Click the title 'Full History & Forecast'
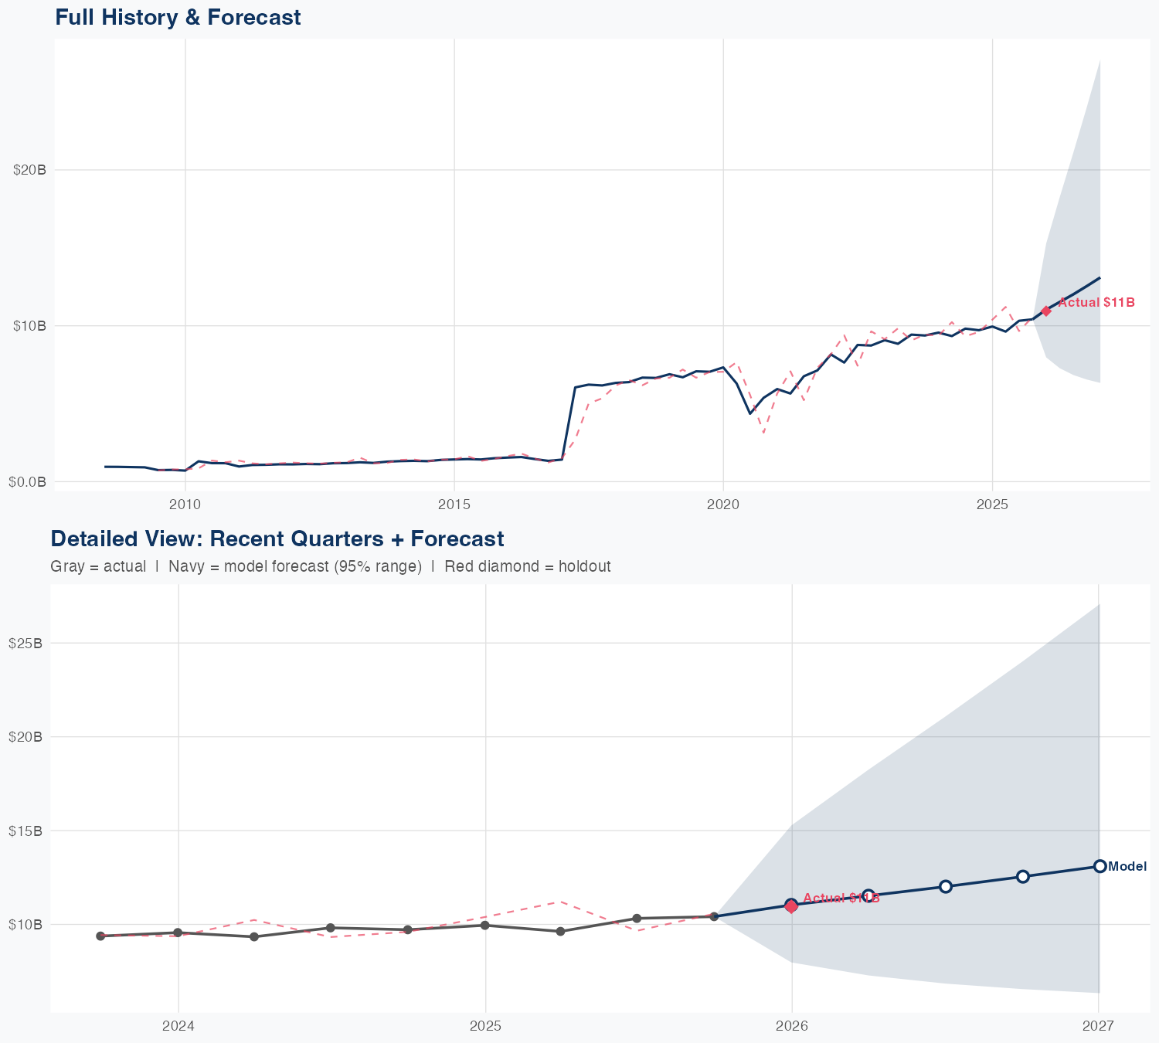click(x=178, y=17)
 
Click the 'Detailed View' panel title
click(x=277, y=538)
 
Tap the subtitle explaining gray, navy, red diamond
click(x=330, y=566)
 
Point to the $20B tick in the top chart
click(x=30, y=170)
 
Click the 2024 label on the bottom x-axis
click(x=178, y=1026)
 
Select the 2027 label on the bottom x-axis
click(x=1098, y=1026)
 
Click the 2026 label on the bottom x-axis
click(x=792, y=1026)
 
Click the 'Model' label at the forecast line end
click(x=1127, y=867)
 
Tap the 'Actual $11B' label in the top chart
click(x=1096, y=303)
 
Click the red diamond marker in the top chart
click(x=1046, y=311)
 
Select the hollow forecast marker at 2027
click(x=1100, y=866)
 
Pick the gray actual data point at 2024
click(x=178, y=933)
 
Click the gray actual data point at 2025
click(x=484, y=925)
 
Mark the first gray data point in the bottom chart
click(x=100, y=936)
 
